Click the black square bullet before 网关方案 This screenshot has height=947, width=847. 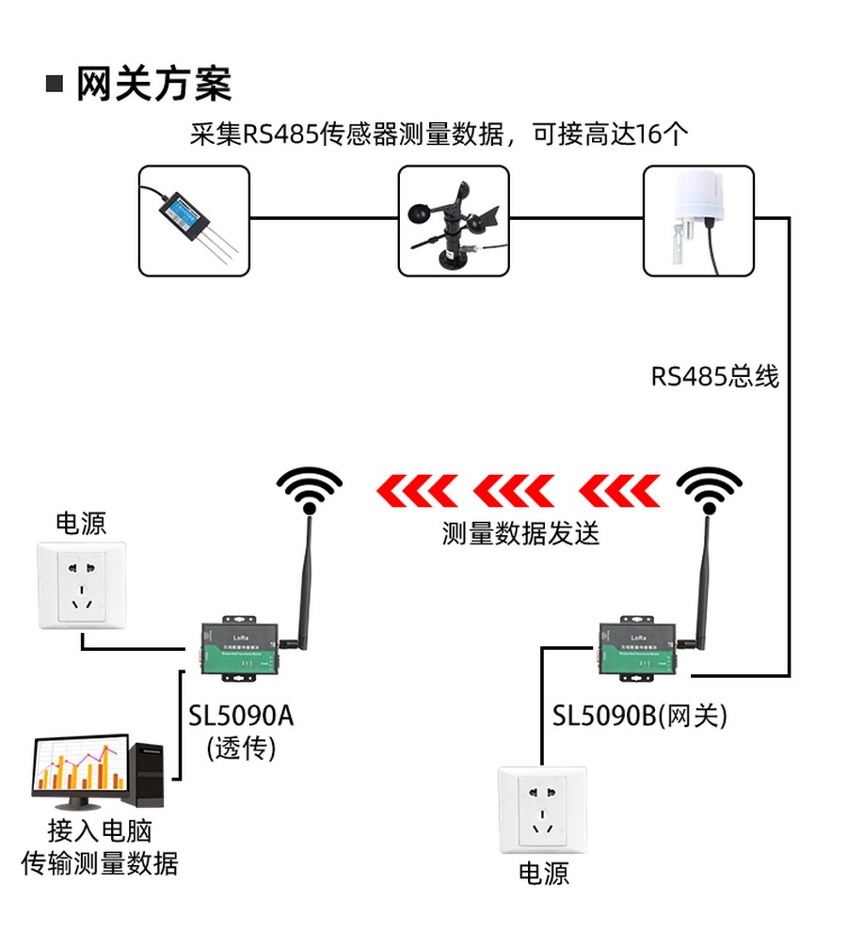pos(56,85)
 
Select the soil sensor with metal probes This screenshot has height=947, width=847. pos(195,221)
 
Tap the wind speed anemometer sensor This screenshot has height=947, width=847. pos(454,221)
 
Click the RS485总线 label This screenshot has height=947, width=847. pos(715,377)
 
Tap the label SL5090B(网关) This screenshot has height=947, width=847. pos(640,717)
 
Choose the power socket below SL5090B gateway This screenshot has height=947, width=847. pos(541,810)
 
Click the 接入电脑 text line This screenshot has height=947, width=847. pos(100,830)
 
